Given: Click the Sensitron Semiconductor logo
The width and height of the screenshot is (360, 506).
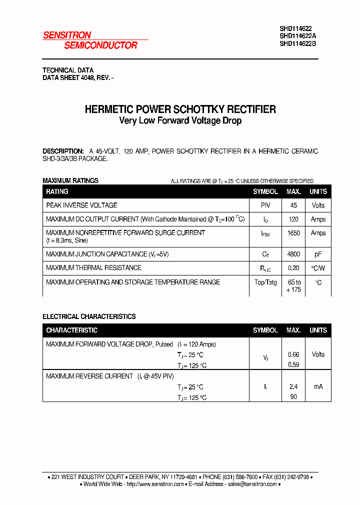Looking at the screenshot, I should point(90,40).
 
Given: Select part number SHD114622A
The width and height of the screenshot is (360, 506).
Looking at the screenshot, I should point(297,36).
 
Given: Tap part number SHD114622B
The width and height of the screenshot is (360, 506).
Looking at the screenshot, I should point(297,43).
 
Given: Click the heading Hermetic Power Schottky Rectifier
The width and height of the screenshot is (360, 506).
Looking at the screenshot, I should point(180,109).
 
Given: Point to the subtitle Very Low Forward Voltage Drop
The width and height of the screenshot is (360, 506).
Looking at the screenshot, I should point(180,121).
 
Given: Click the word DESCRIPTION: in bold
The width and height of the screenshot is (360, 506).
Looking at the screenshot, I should point(63,151).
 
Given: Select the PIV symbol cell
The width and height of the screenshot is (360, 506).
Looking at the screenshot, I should point(265,205).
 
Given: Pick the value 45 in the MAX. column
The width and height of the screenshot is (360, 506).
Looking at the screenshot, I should point(293,205).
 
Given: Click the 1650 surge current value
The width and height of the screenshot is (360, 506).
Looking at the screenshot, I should point(293,233).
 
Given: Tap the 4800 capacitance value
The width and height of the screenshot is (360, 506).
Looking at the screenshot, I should point(293,254).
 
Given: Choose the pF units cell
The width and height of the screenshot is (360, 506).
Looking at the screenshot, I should point(318,254).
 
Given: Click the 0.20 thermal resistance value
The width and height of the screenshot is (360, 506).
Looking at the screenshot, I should point(293,268).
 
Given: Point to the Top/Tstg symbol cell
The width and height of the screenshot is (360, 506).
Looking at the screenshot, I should point(265,282).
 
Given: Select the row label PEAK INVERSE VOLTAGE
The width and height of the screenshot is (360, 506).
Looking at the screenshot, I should point(81,205).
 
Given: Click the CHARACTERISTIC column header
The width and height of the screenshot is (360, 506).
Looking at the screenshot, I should point(71,330).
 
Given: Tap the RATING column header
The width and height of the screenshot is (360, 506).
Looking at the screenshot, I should point(57,191).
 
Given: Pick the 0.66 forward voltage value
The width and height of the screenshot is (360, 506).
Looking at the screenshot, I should point(293,354).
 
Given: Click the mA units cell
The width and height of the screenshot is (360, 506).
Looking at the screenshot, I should point(318,386).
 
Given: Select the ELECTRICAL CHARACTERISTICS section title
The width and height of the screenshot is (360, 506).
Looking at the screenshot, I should point(89,316).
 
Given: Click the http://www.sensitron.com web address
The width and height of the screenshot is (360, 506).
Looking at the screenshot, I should point(155,484).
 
